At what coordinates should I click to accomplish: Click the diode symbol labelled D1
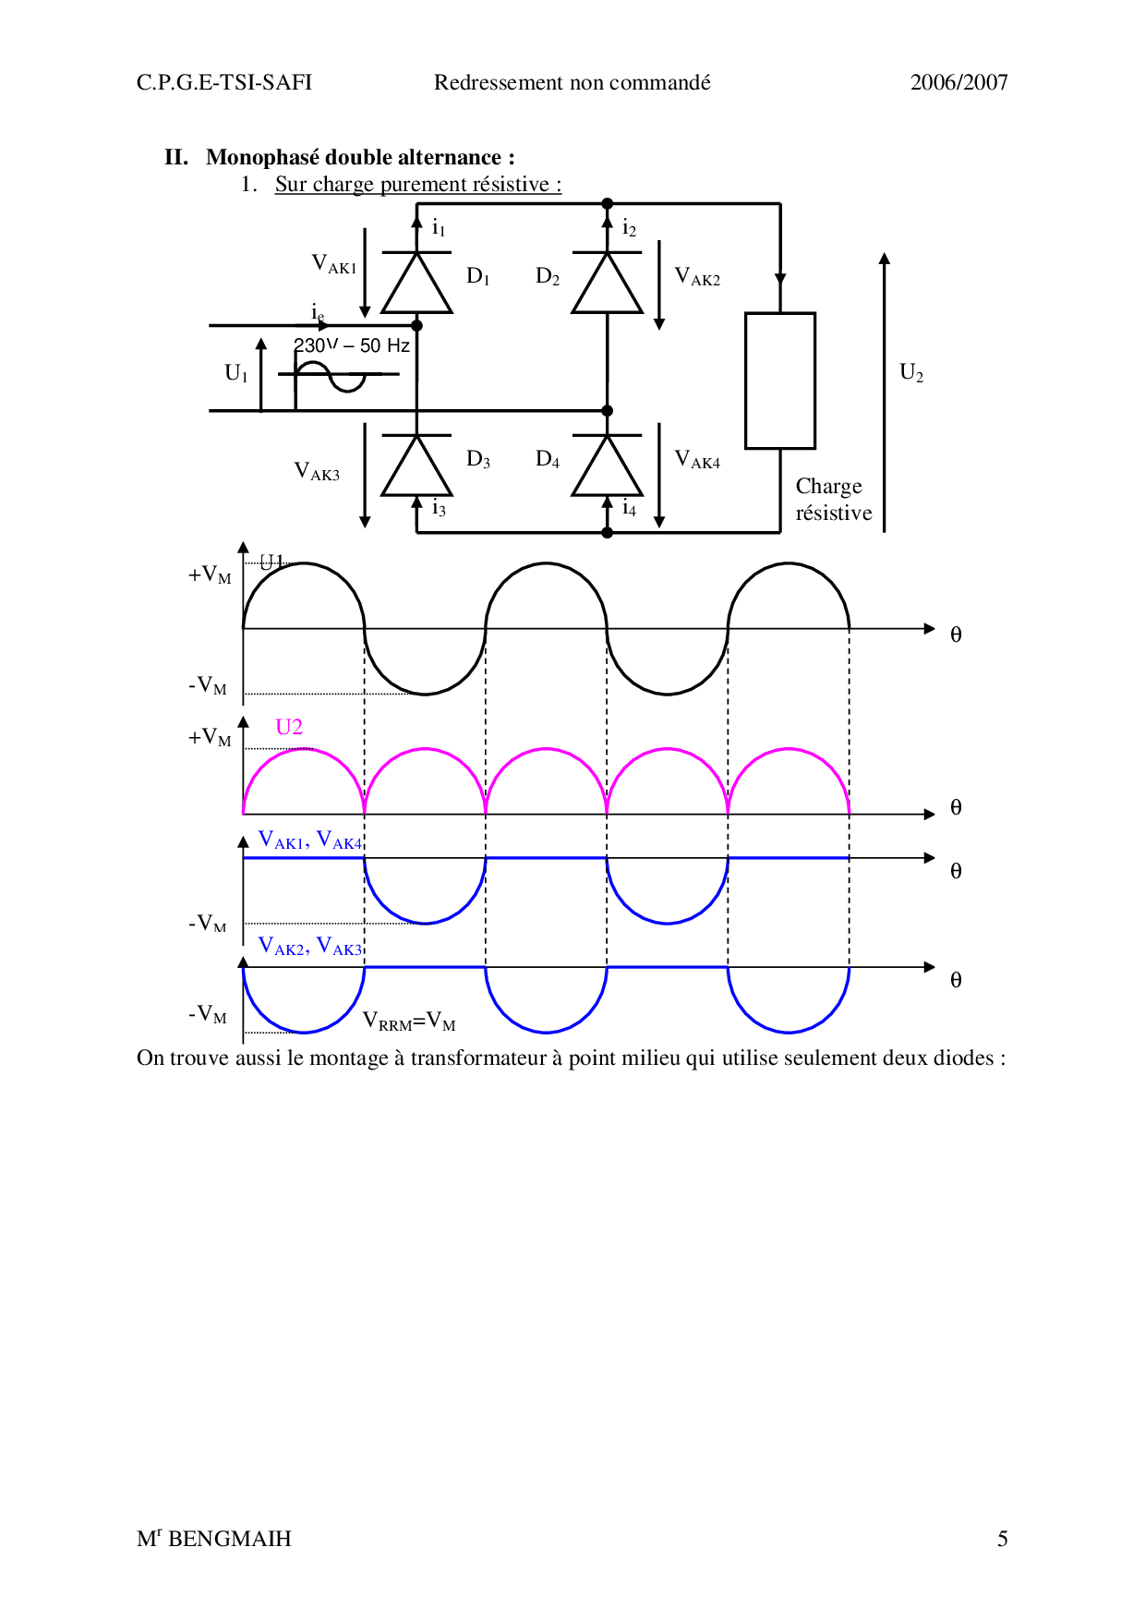tap(416, 282)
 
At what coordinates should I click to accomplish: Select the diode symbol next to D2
tap(607, 282)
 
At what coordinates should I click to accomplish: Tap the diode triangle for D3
tap(416, 465)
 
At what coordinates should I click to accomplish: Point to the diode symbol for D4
tap(607, 465)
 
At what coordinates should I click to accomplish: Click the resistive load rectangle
tap(780, 381)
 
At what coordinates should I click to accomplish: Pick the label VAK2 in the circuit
tap(697, 276)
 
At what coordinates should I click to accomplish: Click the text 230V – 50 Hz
tap(352, 345)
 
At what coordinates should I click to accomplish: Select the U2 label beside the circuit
tap(911, 372)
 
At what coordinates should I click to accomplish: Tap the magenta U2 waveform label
tap(289, 727)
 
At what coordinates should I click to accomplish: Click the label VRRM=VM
tap(408, 1021)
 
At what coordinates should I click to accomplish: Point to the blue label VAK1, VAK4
tap(310, 840)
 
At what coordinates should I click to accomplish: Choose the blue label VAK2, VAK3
tap(310, 946)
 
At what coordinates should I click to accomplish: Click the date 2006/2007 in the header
tap(958, 82)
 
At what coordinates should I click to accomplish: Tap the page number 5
tap(1002, 1539)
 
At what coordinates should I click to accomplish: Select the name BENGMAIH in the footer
tap(229, 1539)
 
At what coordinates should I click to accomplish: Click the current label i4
tap(629, 507)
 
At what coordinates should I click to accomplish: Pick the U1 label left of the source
tap(236, 372)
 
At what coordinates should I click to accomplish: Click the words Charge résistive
tap(833, 499)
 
